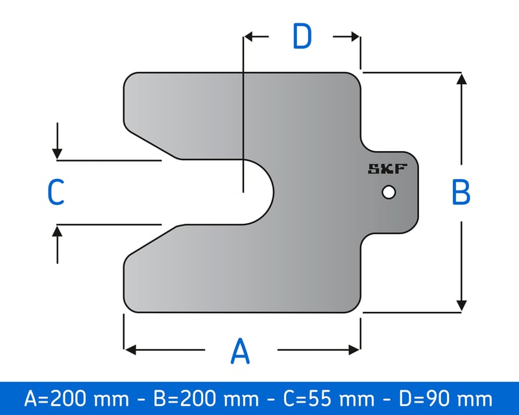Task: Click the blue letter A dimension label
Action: point(241,351)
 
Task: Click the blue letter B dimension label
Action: point(461,192)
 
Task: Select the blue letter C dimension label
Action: point(56,193)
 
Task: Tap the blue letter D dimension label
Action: point(302,36)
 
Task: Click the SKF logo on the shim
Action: point(387,169)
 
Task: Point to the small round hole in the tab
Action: point(389,193)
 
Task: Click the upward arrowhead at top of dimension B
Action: point(461,79)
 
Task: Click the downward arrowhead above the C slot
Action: point(58,154)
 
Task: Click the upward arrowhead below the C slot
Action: point(58,230)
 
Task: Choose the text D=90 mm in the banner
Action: point(440,397)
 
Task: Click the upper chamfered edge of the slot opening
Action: point(152,144)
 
